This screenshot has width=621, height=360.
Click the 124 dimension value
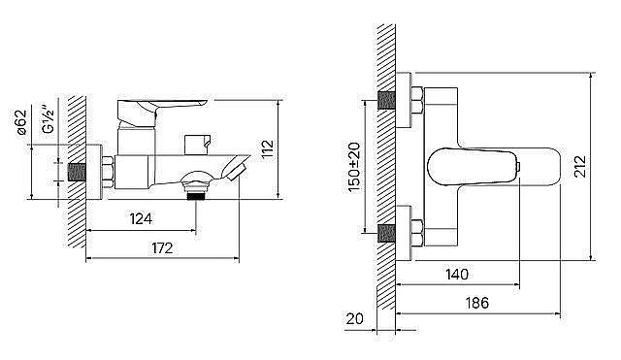(141, 218)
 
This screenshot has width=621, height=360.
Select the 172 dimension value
(162, 248)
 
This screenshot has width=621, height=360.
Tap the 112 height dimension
(268, 148)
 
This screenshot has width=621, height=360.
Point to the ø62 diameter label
(21, 122)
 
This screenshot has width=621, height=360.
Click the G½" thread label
(49, 118)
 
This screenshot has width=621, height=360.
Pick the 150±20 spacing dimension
(354, 167)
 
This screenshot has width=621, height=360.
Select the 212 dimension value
(580, 166)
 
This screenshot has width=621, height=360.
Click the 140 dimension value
(457, 274)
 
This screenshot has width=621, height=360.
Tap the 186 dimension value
(476, 303)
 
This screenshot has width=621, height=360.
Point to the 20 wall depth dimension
(354, 318)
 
